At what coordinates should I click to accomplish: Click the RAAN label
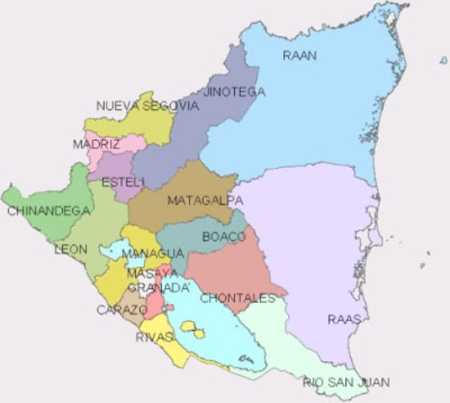click(x=299, y=56)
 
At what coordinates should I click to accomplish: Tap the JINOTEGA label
click(x=235, y=92)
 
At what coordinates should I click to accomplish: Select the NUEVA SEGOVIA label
click(x=148, y=106)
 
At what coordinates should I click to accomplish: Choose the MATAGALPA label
click(x=205, y=201)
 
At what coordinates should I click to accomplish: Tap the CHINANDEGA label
click(x=48, y=211)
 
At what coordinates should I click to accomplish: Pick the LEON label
click(x=71, y=249)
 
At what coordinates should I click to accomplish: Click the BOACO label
click(x=224, y=237)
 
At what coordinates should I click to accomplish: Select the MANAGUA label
click(x=153, y=254)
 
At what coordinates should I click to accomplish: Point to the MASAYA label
click(x=152, y=274)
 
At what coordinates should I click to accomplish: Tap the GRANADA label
click(x=160, y=288)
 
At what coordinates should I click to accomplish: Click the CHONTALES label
click(x=238, y=298)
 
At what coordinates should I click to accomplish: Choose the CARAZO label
click(x=121, y=310)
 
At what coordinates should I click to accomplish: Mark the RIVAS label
click(x=154, y=338)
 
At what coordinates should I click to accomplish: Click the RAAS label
click(x=344, y=319)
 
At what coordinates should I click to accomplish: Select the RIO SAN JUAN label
click(x=347, y=383)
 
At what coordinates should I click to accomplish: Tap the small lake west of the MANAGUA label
click(x=109, y=249)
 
